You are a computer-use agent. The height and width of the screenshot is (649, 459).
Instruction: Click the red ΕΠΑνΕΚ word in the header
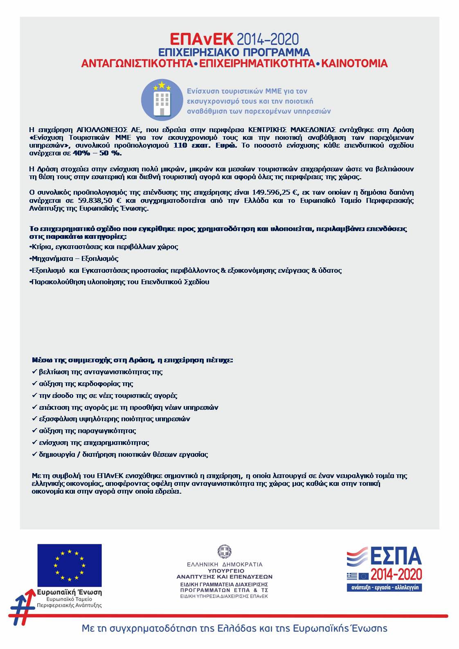[x=202, y=39]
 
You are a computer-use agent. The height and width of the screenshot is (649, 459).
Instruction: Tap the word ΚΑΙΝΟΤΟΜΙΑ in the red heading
[x=354, y=64]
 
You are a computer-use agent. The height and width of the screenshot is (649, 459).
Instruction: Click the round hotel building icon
[x=162, y=100]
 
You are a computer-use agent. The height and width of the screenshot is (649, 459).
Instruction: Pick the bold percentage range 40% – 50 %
[x=97, y=153]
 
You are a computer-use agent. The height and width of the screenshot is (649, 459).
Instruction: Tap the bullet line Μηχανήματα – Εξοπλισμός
[x=75, y=259]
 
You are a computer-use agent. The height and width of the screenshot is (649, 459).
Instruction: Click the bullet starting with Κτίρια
[x=104, y=247]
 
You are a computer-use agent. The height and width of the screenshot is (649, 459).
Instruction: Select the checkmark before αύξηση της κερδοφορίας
[x=34, y=384]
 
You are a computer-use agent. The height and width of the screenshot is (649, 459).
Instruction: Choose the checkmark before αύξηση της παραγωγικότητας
[x=34, y=431]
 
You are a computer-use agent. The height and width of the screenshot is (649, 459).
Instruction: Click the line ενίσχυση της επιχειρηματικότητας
[x=94, y=443]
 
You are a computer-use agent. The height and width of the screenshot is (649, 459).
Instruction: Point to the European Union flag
[x=70, y=566]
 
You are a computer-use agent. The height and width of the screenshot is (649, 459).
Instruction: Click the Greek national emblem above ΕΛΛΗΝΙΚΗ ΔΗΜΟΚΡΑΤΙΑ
[x=224, y=552]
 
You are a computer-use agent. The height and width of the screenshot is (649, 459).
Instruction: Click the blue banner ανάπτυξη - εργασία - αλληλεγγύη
[x=384, y=587]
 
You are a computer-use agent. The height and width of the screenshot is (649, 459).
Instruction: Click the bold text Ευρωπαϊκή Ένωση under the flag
[x=69, y=592]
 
